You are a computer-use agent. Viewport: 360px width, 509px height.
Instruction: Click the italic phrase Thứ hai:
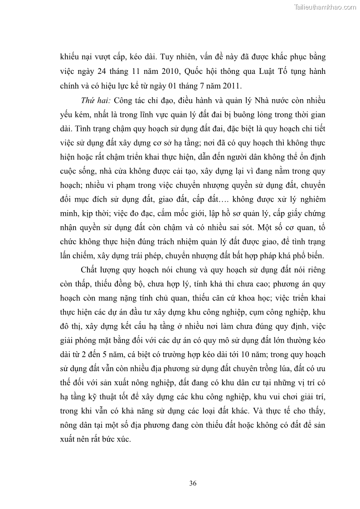(x=96, y=100)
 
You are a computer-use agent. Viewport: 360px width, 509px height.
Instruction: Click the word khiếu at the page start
(x=70, y=58)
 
